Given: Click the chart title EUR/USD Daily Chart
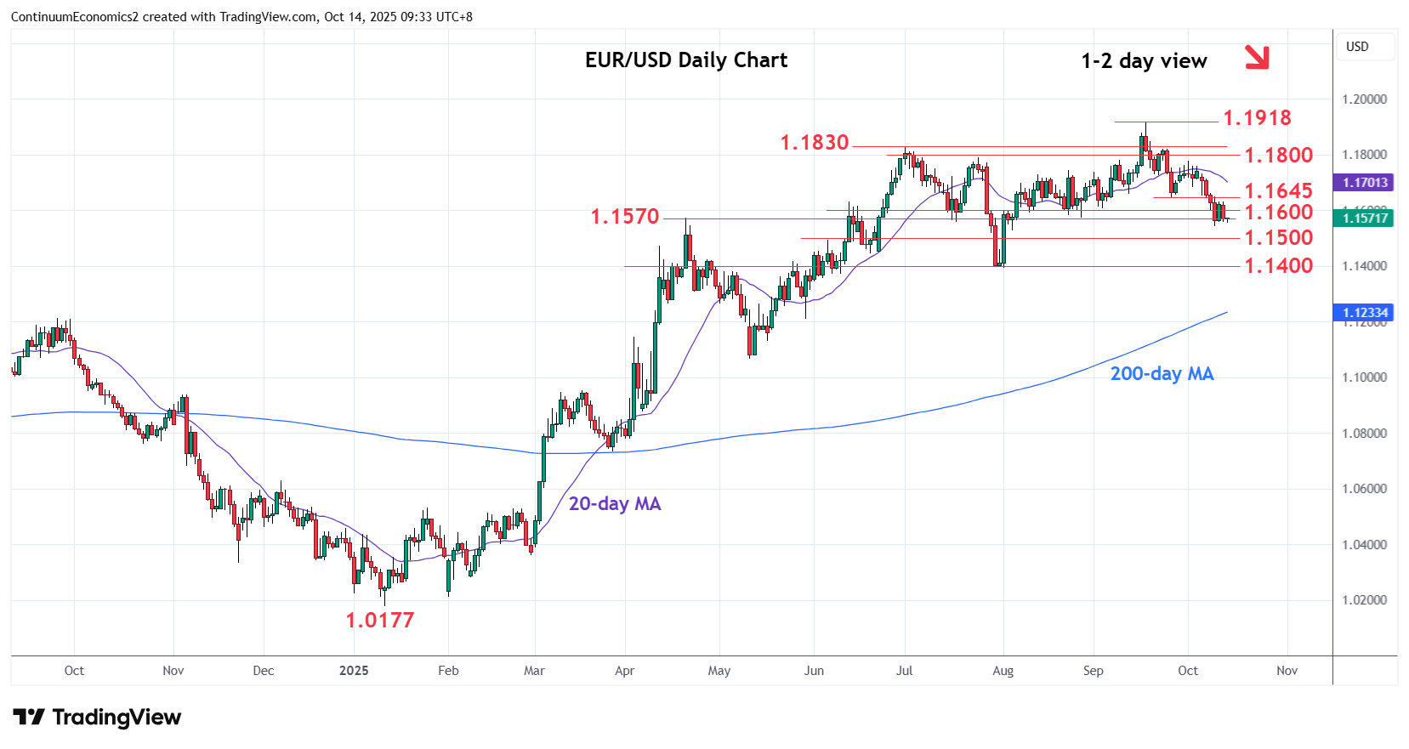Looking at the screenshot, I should [686, 60].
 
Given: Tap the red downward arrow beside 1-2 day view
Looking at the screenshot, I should [1257, 57].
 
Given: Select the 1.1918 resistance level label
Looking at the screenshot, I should [1257, 117].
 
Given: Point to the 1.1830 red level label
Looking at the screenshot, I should [815, 143].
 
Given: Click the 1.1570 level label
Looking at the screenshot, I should [625, 217].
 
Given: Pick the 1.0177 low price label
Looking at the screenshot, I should [380, 621].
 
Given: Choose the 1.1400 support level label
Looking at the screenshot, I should [1279, 266].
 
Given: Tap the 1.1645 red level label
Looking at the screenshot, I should [1279, 191].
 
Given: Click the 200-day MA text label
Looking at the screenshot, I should [1162, 374].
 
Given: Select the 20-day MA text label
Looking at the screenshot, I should [615, 504].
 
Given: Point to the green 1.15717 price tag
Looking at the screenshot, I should [1365, 218].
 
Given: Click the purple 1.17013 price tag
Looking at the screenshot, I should [1365, 183].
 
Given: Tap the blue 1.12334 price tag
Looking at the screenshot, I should [1365, 313].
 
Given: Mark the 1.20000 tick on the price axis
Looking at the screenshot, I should [1364, 99].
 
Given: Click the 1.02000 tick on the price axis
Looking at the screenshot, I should [1364, 600].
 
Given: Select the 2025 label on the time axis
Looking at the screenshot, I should [354, 671].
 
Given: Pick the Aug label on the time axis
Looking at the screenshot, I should [1003, 671].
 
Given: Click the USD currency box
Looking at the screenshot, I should [1357, 47].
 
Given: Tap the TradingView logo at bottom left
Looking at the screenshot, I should [97, 718].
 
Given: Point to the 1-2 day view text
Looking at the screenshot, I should [1144, 61].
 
